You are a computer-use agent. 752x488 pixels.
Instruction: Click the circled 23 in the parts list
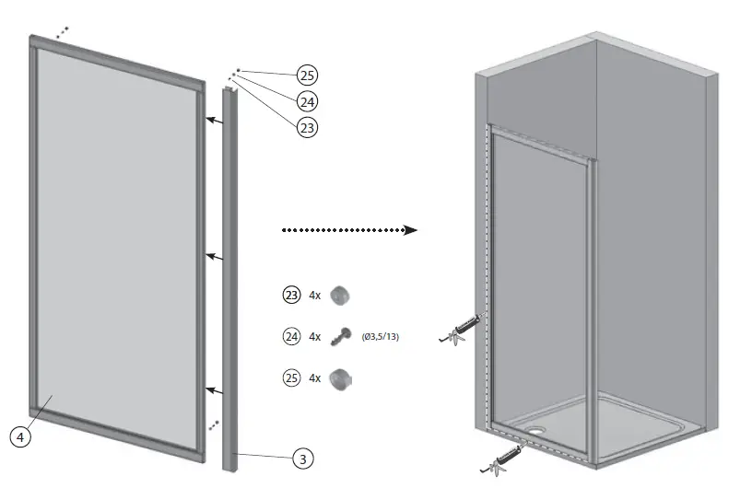click(x=290, y=296)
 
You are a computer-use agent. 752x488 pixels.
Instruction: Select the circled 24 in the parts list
click(x=290, y=337)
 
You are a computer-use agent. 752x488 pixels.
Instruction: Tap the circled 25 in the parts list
click(x=290, y=378)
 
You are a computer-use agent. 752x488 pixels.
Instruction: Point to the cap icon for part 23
click(x=342, y=296)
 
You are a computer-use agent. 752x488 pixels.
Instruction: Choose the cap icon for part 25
click(x=342, y=378)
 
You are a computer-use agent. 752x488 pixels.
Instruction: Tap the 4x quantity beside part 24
click(x=315, y=337)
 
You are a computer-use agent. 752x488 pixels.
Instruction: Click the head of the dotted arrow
click(x=411, y=230)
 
